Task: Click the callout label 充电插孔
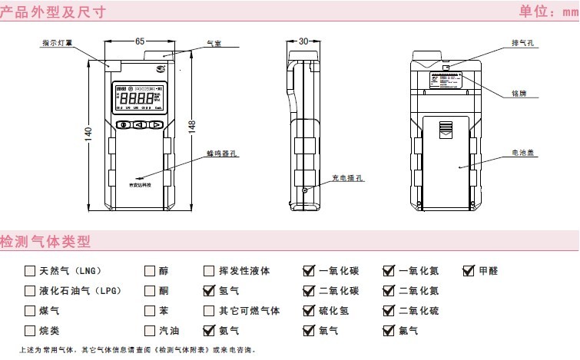pyautogui.click(x=348, y=178)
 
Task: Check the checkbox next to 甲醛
pyautogui.click(x=469, y=271)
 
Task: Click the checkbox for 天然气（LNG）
pyautogui.click(x=30, y=271)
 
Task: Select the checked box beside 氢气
pyautogui.click(x=209, y=291)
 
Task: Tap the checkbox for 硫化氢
pyautogui.click(x=309, y=311)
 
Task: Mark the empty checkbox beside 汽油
pyautogui.click(x=150, y=331)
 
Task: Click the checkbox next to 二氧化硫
pyautogui.click(x=389, y=311)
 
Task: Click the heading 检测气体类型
pyautogui.click(x=46, y=242)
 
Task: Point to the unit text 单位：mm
pyautogui.click(x=548, y=12)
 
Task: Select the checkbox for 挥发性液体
pyautogui.click(x=209, y=271)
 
